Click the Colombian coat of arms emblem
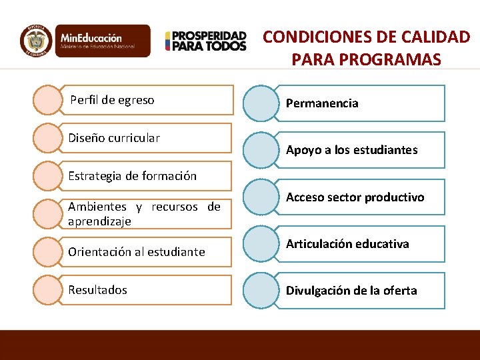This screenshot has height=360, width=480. coord(36,41)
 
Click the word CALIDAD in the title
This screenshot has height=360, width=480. coord(437,37)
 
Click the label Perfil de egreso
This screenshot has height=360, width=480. coord(112,100)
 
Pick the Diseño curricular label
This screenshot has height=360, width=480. coord(114,138)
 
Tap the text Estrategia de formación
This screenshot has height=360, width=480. coord(133,176)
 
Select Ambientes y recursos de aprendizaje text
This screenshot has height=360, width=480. coord(144,213)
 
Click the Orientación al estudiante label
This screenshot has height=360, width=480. coord(137,251)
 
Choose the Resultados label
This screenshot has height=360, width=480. coord(97,289)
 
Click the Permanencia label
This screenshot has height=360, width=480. coord(322,103)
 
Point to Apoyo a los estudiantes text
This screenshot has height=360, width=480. coord(351,150)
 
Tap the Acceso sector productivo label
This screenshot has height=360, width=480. coord(355,197)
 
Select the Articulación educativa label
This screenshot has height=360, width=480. coord(347,243)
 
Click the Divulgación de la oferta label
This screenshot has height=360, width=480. coord(351,290)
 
